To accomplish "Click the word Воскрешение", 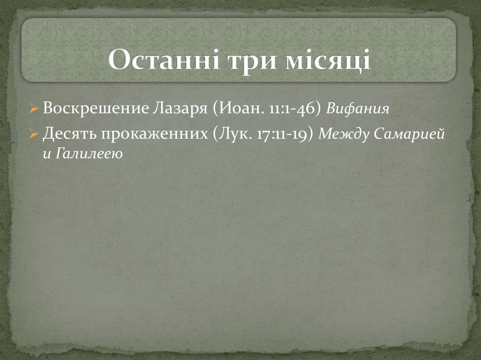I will [x=96, y=109].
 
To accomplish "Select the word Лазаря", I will [x=180, y=109].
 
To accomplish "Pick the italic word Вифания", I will [x=357, y=109].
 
